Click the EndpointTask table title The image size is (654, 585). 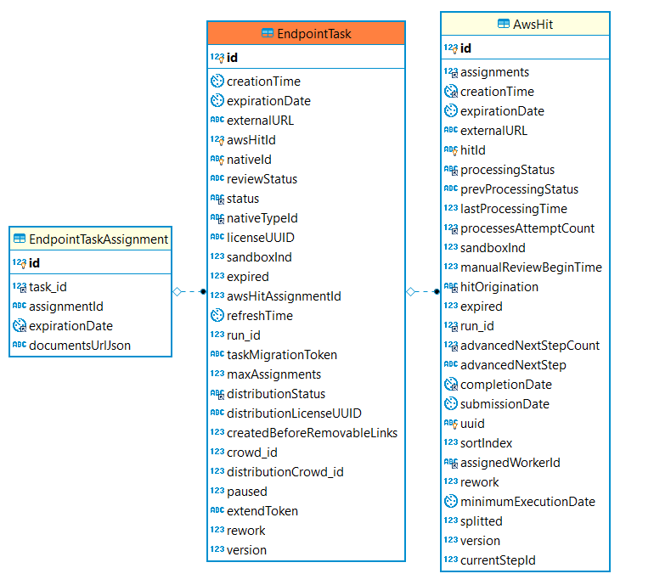314,34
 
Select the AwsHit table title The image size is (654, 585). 533,25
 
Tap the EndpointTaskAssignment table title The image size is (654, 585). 99,239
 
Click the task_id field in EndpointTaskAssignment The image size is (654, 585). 48,287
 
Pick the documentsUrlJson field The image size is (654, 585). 80,346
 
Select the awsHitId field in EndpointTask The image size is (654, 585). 251,140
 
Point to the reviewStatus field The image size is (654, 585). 262,179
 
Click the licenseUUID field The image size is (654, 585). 261,238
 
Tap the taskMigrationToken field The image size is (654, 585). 282,355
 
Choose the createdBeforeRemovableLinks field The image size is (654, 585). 312,433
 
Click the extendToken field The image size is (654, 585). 262,511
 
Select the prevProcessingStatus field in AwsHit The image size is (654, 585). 519,189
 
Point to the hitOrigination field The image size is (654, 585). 499,287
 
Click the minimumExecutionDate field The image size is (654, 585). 527,502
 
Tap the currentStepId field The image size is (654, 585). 498,560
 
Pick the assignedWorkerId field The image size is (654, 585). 510,463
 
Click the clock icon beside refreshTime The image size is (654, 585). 217,316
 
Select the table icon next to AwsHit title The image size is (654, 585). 504,24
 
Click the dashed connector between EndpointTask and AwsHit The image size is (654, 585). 423,291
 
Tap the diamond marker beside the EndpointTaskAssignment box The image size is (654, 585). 178,291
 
